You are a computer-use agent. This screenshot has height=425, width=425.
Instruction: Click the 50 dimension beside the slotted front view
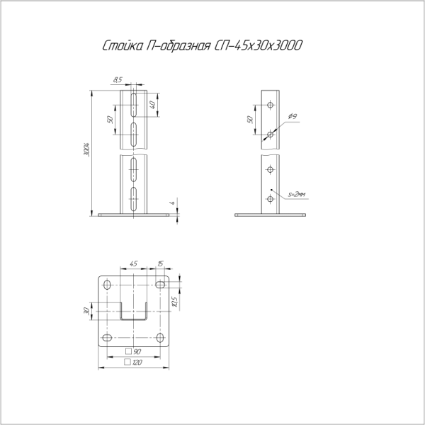coord(110,119)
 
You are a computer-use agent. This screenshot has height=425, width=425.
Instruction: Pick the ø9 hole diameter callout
coord(293,115)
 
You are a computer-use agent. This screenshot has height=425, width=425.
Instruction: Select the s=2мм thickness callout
coord(299,192)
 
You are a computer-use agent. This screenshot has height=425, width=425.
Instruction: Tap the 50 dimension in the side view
coord(249,119)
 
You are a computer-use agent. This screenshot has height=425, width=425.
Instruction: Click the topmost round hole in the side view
coord(270,105)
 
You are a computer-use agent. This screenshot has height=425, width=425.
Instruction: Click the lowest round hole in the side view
coord(270,200)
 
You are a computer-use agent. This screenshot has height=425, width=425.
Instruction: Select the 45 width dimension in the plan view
coord(133,265)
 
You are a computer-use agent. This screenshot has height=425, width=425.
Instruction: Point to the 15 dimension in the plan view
coord(160,265)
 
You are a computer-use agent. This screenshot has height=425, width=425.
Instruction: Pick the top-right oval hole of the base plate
coord(159,285)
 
